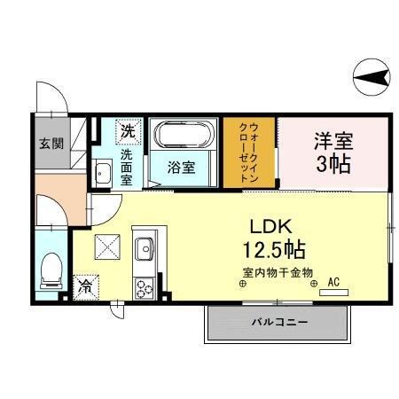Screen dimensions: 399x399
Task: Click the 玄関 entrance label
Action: click(51, 144)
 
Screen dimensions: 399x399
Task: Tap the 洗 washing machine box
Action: click(129, 131)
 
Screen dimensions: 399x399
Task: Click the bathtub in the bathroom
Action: click(183, 136)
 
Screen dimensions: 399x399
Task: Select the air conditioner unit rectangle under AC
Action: click(333, 293)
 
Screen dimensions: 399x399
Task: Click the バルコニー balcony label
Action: click(278, 322)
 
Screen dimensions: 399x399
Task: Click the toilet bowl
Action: click(51, 266)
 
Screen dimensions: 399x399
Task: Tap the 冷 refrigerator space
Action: click(86, 287)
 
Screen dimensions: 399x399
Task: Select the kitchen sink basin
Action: click(144, 247)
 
